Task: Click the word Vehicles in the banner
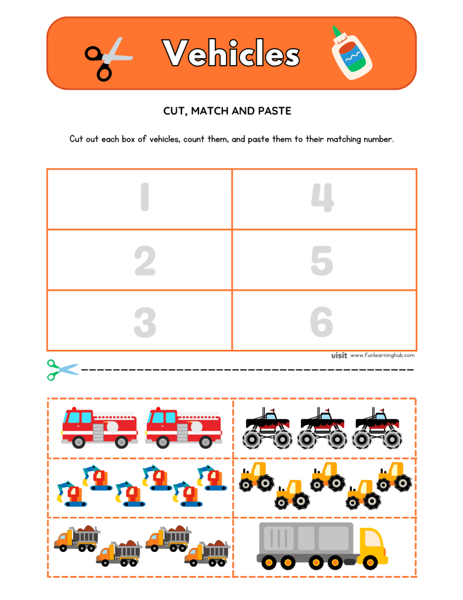[231, 54]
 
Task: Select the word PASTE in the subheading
[275, 110]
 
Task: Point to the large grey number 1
[145, 197]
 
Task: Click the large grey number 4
[322, 197]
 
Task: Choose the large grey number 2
[145, 261]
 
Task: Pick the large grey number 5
[322, 261]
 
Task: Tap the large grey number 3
[145, 322]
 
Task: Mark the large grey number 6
[322, 322]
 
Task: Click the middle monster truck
[322, 428]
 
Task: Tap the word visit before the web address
[339, 355]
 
